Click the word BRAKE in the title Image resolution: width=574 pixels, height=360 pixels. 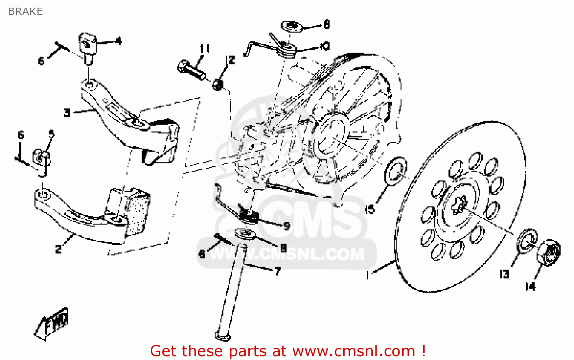tap(25, 11)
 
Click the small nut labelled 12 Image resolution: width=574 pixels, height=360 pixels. tap(218, 84)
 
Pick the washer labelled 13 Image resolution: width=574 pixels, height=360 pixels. tap(527, 241)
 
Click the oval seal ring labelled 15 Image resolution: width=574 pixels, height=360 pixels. tap(395, 171)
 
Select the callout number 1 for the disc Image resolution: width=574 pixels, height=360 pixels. tap(367, 275)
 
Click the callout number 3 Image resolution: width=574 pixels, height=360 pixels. tap(67, 113)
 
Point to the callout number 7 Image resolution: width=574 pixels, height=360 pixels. tap(278, 271)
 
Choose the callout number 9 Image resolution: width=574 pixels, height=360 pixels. tap(287, 226)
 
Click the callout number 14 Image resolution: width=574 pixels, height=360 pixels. tap(530, 286)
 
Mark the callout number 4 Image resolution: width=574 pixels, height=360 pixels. tap(119, 41)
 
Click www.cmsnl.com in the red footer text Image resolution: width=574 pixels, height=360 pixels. tap(354, 351)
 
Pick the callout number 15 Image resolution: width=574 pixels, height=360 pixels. tap(370, 209)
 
